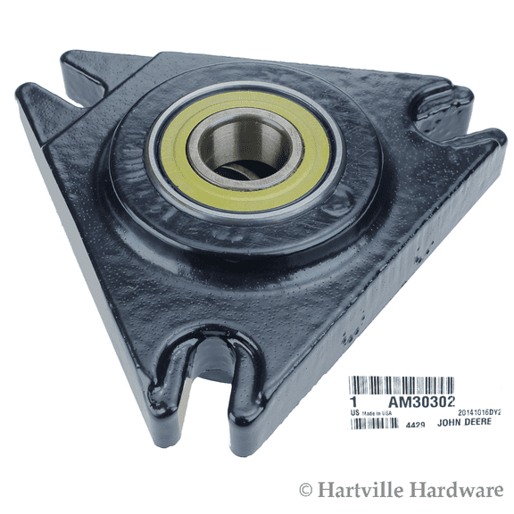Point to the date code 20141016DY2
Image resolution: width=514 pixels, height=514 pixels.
tap(479, 412)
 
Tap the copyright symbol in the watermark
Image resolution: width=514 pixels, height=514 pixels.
tap(306, 491)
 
